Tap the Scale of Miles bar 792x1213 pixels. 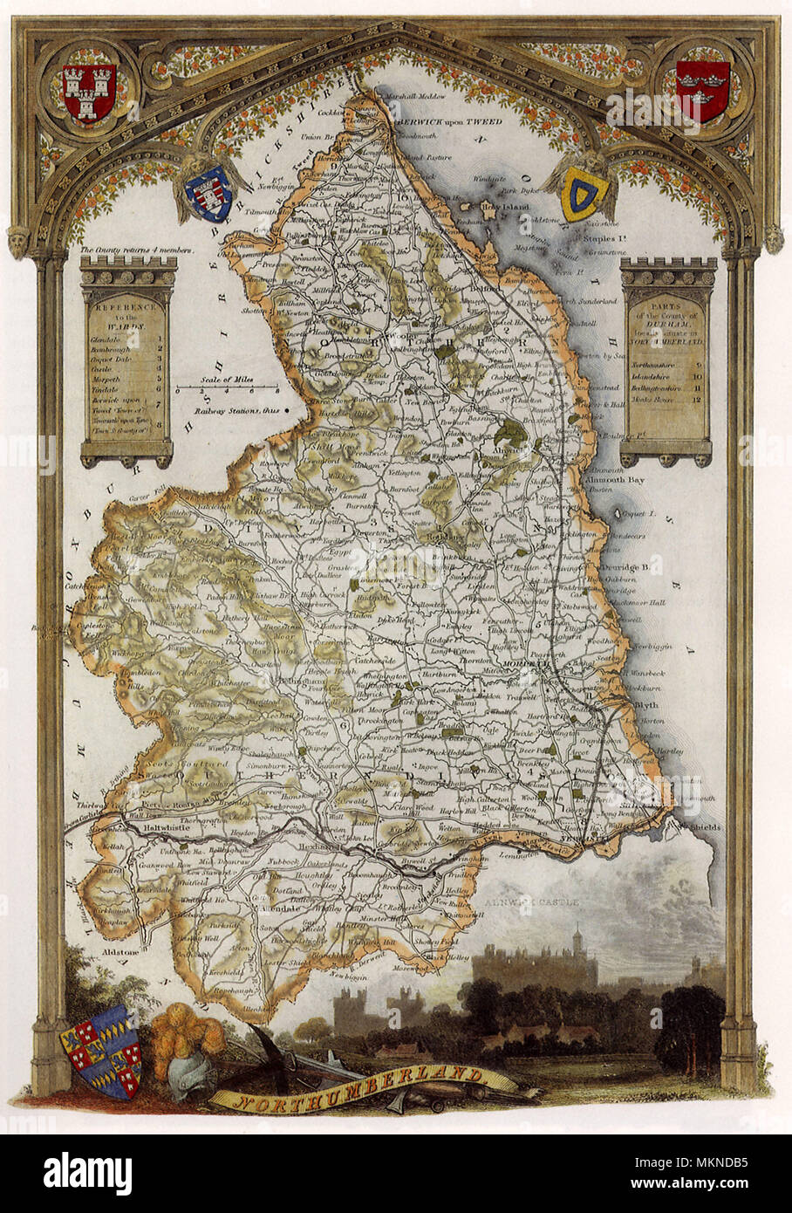pyautogui.click(x=227, y=387)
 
